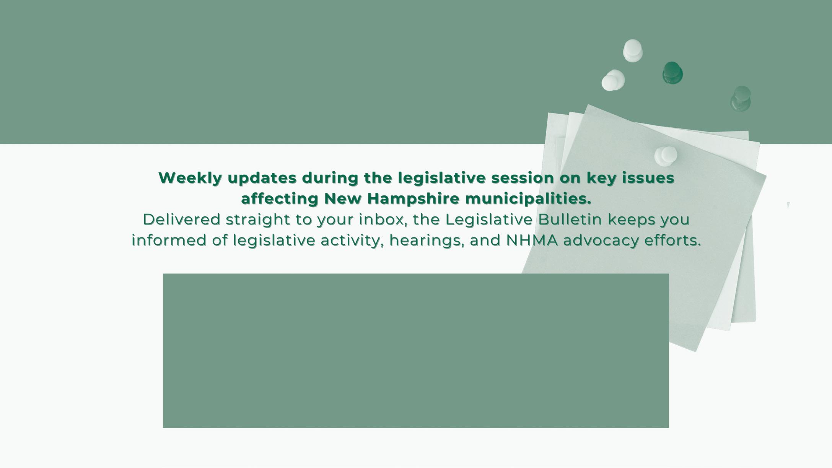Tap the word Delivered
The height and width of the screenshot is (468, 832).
tap(182, 219)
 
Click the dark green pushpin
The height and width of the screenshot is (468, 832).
tap(672, 73)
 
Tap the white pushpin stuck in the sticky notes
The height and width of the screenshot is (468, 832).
tap(666, 156)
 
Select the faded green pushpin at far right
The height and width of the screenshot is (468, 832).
tap(741, 99)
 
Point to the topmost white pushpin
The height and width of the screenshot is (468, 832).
tap(633, 50)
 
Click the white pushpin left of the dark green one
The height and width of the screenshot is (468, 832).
tap(613, 80)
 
